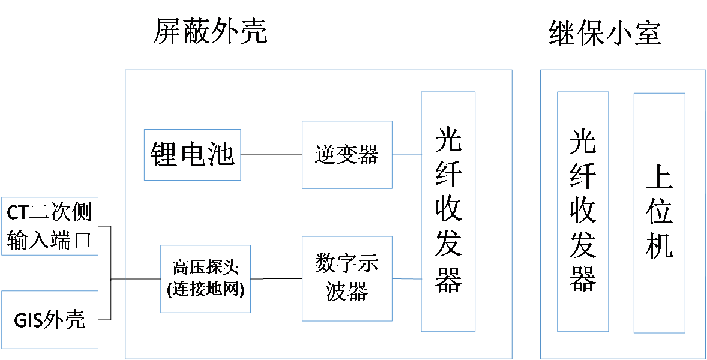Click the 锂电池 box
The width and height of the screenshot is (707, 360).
point(192,154)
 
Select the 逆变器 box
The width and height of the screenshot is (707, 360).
point(347,155)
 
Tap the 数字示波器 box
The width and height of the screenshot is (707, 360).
point(347,278)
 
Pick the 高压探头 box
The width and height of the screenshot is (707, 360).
point(205,278)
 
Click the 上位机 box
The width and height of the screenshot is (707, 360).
point(659,212)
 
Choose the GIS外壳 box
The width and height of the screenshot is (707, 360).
point(49,320)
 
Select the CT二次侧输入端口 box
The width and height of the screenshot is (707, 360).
point(49,226)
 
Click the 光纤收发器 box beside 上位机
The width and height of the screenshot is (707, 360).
point(582,211)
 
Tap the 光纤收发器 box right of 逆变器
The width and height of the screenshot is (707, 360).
point(448,211)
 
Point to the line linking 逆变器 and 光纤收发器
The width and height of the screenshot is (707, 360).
point(406,155)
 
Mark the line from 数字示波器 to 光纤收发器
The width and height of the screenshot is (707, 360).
point(406,279)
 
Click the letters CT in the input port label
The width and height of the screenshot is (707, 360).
point(18,212)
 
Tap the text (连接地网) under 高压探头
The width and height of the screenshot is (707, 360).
point(205,289)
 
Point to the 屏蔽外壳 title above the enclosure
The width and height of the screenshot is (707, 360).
point(209,33)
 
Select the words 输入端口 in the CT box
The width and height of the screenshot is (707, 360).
point(49,240)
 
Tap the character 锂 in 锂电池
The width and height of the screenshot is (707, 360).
point(163,154)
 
